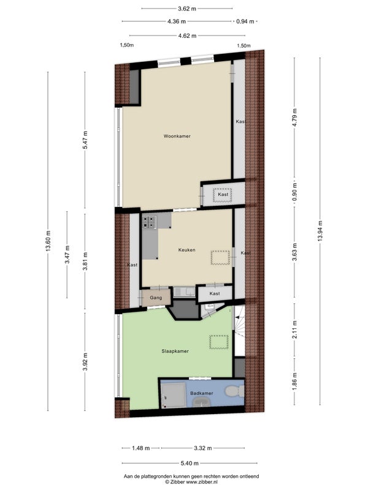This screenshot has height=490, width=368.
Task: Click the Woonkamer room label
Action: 177,136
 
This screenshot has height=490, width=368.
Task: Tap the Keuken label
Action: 187,250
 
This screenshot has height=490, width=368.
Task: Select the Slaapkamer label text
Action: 175,351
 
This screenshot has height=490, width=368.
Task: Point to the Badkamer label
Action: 202,393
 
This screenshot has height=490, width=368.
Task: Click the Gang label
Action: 156,298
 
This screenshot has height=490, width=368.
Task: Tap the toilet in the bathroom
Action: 234,391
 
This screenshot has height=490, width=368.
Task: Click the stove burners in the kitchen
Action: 149,222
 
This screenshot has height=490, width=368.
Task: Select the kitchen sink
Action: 185,292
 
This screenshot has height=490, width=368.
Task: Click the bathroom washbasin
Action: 202,402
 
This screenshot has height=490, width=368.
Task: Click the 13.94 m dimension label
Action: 320,231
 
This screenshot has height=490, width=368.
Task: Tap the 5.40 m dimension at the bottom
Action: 190,463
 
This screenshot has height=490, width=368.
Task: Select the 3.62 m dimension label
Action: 187,9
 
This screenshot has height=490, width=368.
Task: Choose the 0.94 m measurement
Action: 245,21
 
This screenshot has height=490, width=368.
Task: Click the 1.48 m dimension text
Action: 141,448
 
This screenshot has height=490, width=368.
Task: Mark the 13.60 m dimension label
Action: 48,241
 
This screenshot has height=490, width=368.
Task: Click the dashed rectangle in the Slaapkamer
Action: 219,342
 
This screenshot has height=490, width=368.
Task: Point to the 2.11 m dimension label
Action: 294,330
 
